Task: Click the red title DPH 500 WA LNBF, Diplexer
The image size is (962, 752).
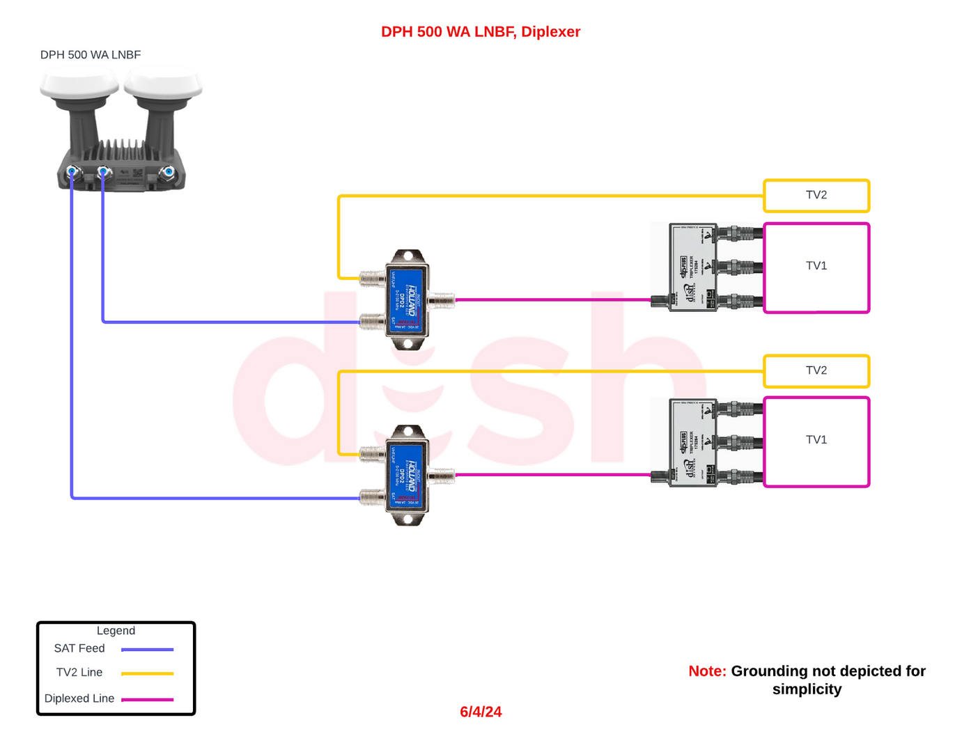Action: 481,32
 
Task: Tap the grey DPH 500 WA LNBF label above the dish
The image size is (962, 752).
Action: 91,55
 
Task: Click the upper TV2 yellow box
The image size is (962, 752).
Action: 816,196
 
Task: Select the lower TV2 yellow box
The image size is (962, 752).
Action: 816,371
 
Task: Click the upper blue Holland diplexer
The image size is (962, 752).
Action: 407,300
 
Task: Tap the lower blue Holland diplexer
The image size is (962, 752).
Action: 407,476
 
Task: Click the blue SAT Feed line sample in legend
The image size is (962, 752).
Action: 147,650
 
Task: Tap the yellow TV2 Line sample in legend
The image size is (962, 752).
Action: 147,673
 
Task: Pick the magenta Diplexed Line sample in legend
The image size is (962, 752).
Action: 147,699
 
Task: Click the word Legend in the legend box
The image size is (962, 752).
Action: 116,631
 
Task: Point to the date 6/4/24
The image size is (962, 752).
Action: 481,712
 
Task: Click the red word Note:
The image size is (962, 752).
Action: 707,671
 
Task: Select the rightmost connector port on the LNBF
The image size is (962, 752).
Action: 168,171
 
